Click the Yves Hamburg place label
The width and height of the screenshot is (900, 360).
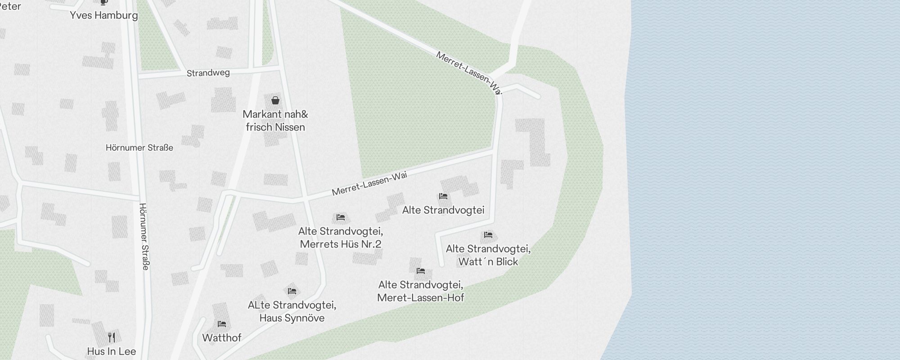(104, 15)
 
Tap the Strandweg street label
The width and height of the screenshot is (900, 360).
(208, 73)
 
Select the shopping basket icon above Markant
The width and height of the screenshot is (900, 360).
(275, 100)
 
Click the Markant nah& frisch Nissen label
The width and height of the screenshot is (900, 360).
(275, 121)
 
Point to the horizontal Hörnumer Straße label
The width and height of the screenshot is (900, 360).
(139, 148)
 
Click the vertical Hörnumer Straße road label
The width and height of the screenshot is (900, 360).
(144, 236)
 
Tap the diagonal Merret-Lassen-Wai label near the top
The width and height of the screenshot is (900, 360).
(468, 72)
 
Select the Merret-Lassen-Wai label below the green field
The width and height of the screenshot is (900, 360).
(369, 184)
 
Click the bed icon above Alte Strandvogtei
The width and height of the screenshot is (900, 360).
(443, 196)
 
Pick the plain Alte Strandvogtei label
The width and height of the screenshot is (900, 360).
(443, 210)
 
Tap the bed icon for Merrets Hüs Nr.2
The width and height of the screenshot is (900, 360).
(341, 217)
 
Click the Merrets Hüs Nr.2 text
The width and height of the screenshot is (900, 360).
(341, 244)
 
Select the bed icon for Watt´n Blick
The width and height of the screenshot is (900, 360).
(488, 235)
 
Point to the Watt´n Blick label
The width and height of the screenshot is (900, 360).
(488, 261)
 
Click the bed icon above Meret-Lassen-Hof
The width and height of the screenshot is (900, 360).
(421, 271)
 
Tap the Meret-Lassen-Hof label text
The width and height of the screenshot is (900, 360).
(421, 297)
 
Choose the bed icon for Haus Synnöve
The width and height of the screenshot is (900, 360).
(292, 291)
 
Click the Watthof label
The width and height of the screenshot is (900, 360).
(222, 337)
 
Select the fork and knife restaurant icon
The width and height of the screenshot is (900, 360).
(112, 337)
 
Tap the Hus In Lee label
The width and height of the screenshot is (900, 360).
(112, 351)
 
